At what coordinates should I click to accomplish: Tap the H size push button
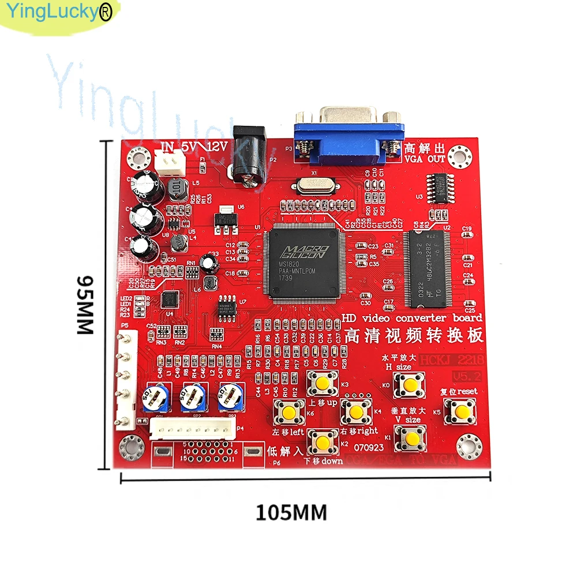(410, 384)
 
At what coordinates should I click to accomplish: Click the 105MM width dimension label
(291, 512)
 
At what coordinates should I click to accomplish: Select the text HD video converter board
(412, 318)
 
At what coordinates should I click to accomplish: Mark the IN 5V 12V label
(194, 148)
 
